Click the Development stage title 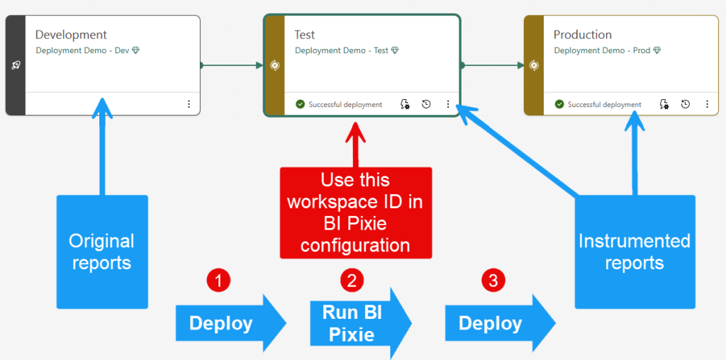(x=71, y=35)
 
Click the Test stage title (x=305, y=35)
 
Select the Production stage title (x=582, y=35)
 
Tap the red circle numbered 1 (x=218, y=281)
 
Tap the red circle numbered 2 (x=352, y=281)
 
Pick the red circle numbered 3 (x=493, y=281)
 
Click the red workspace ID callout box (x=355, y=213)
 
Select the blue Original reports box (x=102, y=252)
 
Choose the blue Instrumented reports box (x=635, y=252)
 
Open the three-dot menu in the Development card (x=189, y=104)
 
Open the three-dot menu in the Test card (x=448, y=104)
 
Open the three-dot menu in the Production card (x=707, y=104)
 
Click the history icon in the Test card (x=426, y=104)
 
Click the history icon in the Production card (x=686, y=104)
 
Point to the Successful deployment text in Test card (x=345, y=105)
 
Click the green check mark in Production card (x=560, y=105)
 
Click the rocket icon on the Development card (x=16, y=65)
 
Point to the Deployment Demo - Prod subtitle (x=602, y=50)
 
